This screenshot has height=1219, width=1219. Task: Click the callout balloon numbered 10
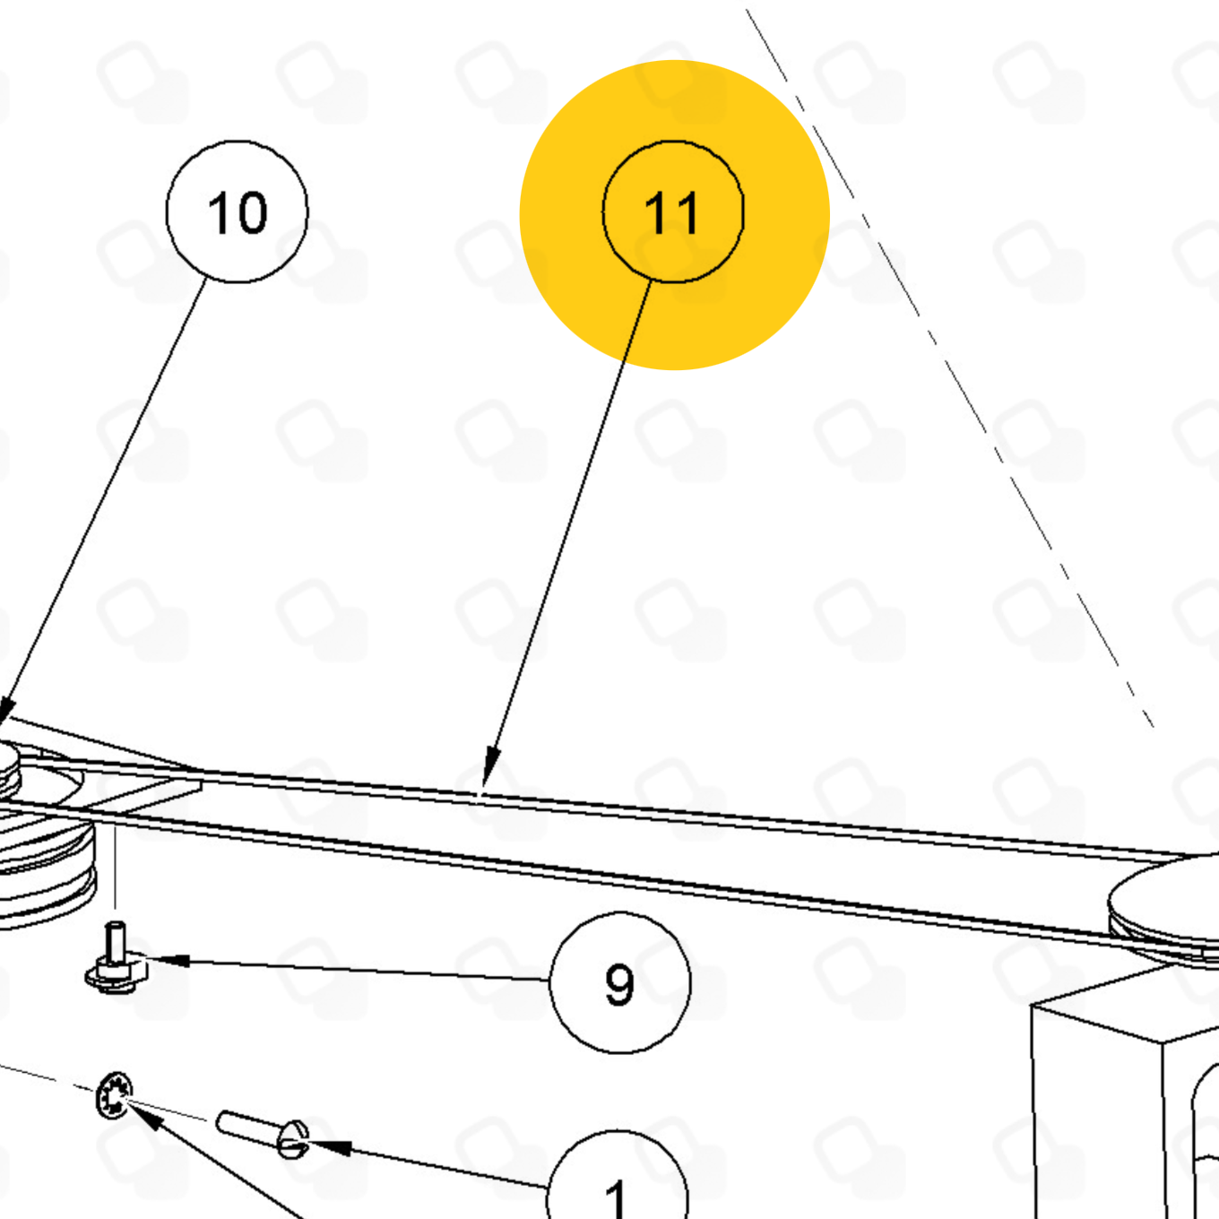(238, 212)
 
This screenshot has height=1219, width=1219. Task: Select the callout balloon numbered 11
(673, 212)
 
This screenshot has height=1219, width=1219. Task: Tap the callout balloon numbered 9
(620, 982)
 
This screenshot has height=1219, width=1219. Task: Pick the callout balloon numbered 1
(617, 1177)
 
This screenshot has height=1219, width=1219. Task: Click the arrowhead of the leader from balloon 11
(491, 767)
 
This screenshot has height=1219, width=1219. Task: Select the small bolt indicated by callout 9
(117, 959)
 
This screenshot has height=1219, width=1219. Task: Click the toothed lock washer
(114, 1095)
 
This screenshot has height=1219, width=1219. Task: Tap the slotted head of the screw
(293, 1140)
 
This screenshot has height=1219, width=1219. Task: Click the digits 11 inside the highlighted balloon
(671, 212)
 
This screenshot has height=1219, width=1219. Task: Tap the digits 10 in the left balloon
(238, 212)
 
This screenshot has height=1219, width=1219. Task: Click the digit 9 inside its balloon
(619, 984)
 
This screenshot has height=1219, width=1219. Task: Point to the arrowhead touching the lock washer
(144, 1117)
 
